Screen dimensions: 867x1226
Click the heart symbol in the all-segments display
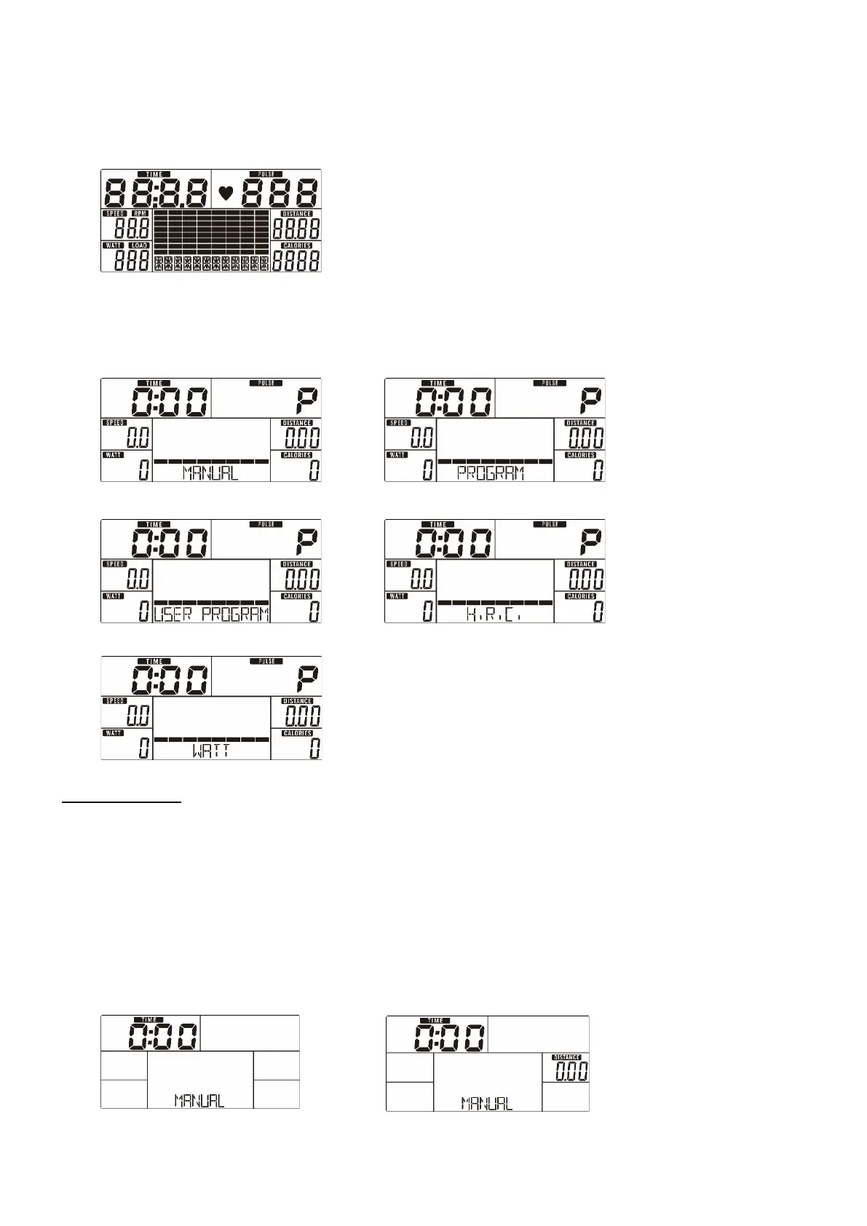(226, 194)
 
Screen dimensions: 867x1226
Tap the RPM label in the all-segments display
(140, 214)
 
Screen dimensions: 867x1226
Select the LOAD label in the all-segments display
(140, 246)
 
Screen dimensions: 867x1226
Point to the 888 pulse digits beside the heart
(281, 194)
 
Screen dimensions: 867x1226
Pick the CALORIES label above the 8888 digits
(296, 246)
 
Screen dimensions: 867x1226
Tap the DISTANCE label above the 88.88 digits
(296, 214)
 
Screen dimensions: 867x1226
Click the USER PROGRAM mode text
(211, 614)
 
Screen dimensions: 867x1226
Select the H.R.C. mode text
(494, 614)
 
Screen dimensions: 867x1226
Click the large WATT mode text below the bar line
(211, 751)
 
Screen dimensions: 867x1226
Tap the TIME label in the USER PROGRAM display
(155, 524)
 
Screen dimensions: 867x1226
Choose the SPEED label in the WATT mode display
(116, 701)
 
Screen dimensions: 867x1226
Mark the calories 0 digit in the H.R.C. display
(597, 613)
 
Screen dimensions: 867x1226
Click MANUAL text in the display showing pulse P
(210, 472)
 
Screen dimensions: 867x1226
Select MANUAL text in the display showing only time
(199, 1100)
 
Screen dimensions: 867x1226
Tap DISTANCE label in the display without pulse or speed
(566, 1057)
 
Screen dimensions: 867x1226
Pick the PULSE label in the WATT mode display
(266, 662)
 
